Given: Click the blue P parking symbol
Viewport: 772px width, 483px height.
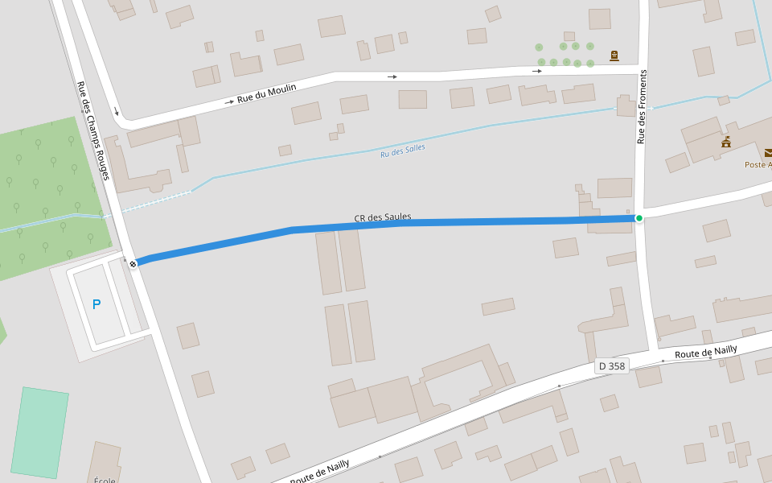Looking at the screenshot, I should point(96,304).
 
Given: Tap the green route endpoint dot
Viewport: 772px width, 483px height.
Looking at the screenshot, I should point(639,218).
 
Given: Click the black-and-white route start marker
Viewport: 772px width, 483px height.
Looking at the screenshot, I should point(133,263).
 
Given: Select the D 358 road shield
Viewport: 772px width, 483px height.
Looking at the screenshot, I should point(611,366).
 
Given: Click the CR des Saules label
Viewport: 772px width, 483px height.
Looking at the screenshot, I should point(383,217).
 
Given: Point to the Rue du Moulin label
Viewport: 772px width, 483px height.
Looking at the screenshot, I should point(267,93).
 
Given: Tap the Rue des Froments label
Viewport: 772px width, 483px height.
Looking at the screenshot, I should point(642,107).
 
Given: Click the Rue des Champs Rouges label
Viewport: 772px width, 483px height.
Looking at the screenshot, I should point(92,130).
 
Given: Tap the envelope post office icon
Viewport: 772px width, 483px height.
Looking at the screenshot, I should point(768,152).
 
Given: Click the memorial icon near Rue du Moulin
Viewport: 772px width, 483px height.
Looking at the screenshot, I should point(614,56).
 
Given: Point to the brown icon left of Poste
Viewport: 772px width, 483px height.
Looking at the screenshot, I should point(726,142).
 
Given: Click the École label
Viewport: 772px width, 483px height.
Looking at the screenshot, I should point(105,480).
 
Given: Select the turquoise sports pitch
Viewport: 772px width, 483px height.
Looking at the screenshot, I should point(39,433).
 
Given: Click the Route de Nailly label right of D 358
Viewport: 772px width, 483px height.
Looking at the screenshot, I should point(706,352).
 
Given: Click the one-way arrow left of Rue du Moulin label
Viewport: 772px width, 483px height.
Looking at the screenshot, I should point(229,102).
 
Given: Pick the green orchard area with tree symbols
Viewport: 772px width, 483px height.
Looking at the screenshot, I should point(48,193).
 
